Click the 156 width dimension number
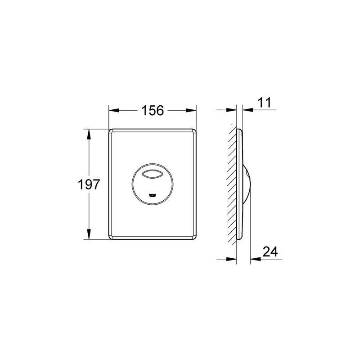click(x=153, y=110)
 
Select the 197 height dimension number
click(x=89, y=184)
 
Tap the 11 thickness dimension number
click(x=265, y=103)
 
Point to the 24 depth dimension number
click(x=270, y=252)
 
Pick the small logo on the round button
click(x=153, y=195)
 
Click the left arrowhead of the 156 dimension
click(x=114, y=110)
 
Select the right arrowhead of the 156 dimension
click(x=191, y=110)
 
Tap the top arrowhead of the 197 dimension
click(x=89, y=134)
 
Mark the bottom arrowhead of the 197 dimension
click(x=89, y=234)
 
